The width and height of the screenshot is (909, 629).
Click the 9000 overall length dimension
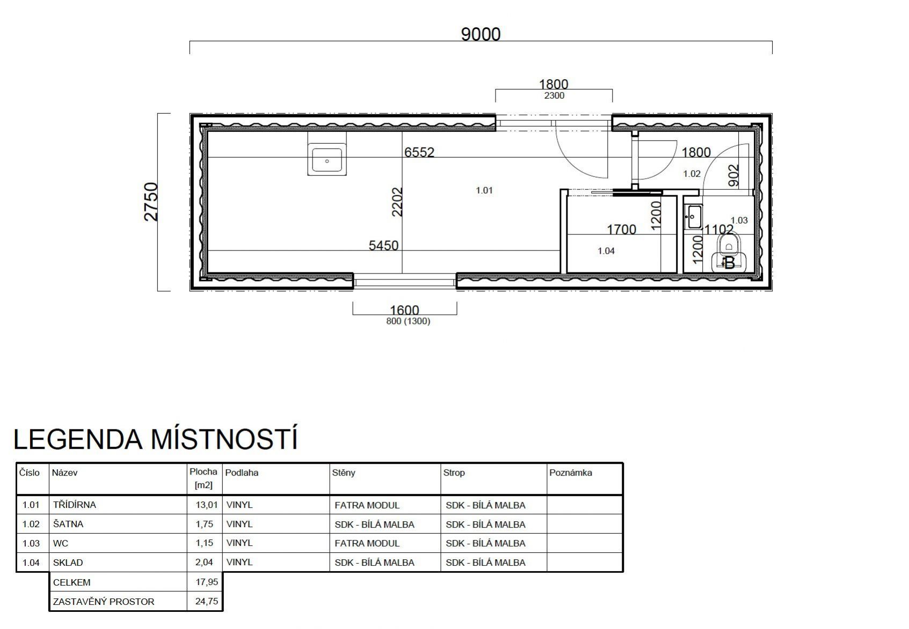[481, 34]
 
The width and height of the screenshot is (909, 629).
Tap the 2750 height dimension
[151, 202]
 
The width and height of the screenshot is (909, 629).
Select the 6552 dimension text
[419, 152]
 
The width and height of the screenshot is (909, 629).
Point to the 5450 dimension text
[383, 246]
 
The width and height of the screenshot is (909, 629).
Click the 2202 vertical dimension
[397, 202]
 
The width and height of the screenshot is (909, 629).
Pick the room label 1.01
[484, 190]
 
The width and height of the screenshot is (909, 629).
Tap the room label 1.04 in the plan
[606, 251]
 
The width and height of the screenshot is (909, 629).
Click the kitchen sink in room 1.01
[327, 159]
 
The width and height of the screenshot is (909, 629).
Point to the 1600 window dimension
[404, 310]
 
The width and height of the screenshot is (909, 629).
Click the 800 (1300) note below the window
[408, 321]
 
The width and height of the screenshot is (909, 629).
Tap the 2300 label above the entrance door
[554, 95]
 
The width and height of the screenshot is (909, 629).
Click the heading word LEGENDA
[78, 439]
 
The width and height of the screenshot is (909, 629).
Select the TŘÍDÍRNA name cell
[75, 505]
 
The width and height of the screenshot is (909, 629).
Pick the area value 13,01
[207, 505]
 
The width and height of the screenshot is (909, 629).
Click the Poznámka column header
[571, 472]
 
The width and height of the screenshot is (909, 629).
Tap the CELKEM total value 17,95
[207, 582]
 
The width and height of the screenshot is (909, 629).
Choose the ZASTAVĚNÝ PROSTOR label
[104, 602]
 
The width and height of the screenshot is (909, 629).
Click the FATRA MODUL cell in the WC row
[367, 544]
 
